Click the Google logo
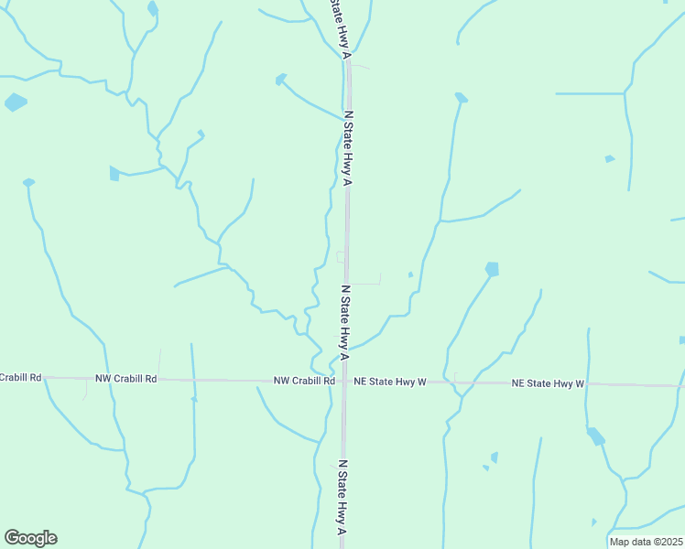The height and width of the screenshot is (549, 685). click(x=30, y=538)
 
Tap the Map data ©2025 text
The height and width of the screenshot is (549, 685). click(x=647, y=542)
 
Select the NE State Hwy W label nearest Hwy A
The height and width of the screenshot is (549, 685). click(x=391, y=381)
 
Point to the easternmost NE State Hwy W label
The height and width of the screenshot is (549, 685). click(x=548, y=383)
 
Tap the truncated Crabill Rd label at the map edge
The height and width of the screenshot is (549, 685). click(x=20, y=377)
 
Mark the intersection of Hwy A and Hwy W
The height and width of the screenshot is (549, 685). click(x=345, y=381)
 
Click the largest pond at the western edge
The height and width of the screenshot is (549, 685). click(x=16, y=102)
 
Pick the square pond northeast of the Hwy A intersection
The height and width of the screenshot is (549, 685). click(x=493, y=269)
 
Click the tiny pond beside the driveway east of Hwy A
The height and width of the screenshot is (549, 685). click(x=410, y=274)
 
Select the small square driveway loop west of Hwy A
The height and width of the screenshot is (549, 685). click(x=341, y=257)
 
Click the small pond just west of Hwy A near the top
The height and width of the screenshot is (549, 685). click(x=281, y=80)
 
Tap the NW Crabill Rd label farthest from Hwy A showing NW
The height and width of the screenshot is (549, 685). click(x=126, y=378)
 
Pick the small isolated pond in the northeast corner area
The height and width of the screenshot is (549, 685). click(x=610, y=159)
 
